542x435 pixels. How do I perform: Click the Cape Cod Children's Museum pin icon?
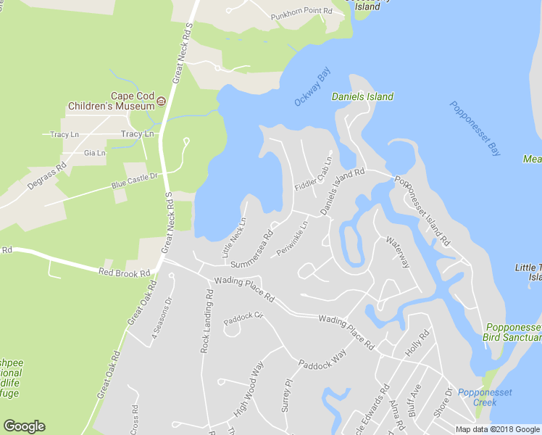click(x=162, y=101)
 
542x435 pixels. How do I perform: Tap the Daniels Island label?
click(x=362, y=96)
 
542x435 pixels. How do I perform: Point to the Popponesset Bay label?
click(x=475, y=129)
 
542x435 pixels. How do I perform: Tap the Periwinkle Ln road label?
click(x=293, y=239)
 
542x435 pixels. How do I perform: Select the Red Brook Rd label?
click(x=124, y=273)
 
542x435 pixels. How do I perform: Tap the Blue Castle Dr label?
click(x=134, y=177)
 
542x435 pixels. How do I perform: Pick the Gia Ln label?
click(x=94, y=153)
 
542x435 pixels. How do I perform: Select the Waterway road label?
click(x=398, y=251)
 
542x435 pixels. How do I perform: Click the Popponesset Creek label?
click(x=479, y=397)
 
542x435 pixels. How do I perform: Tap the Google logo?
click(x=24, y=426)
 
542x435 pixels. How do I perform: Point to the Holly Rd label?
click(x=418, y=341)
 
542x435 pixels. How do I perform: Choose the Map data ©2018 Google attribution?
click(x=497, y=429)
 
